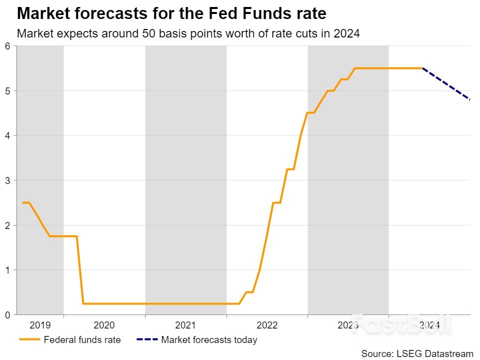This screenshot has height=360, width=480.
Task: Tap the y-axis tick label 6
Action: point(7,46)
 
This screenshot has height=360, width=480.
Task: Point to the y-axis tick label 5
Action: point(7,91)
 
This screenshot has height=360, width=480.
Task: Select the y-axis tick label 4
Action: point(7,135)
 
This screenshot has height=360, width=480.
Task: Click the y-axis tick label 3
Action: point(7,180)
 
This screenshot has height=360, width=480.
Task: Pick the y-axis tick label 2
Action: point(7,225)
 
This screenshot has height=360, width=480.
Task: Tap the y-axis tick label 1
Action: point(7,270)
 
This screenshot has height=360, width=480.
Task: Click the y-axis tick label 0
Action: point(7,315)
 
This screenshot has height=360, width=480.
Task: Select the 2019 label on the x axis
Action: point(40,325)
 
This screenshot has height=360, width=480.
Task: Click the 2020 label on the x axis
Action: point(104,325)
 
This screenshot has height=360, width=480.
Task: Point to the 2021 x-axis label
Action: point(185,325)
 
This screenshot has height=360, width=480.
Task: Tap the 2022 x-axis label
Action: point(267,325)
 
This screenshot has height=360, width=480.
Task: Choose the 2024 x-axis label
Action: point(429,325)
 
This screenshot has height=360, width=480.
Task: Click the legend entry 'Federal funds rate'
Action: point(82,340)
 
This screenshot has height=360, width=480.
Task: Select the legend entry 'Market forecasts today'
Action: point(209,340)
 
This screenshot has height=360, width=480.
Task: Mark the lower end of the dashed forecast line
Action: point(469,99)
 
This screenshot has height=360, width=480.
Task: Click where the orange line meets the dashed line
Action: point(422,68)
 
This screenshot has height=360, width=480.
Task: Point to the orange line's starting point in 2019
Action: point(22,202)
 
